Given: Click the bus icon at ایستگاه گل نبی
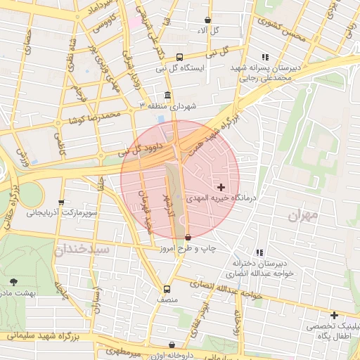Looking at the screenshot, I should point(179,57).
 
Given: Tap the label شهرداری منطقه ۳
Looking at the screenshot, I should point(169,105).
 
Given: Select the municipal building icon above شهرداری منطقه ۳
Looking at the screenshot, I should point(167,95).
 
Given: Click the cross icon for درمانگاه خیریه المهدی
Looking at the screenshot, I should point(221,187).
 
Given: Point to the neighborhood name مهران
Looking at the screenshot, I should point(303,214).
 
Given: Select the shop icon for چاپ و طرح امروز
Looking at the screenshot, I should point(187,238).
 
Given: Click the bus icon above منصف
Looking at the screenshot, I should point(167,288).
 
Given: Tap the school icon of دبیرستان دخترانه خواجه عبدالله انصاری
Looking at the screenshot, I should point(259,252).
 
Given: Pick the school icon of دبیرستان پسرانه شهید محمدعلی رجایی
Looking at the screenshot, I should point(265,57).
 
